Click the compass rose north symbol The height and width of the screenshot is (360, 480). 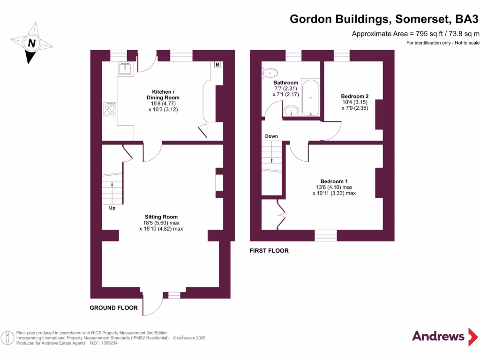click(x=32, y=43)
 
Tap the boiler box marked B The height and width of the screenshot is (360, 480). click(x=217, y=65)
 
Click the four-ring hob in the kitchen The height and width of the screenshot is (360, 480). click(x=109, y=109)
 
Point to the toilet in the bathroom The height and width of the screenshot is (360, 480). click(x=270, y=73)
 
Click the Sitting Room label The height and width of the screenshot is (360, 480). click(x=161, y=217)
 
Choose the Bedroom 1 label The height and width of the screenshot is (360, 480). click(x=334, y=181)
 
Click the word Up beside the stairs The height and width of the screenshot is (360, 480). click(x=112, y=208)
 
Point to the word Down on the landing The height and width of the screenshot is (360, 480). click(x=271, y=136)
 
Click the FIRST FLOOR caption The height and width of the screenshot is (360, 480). click(x=269, y=251)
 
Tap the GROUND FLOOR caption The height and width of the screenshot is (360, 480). click(x=114, y=308)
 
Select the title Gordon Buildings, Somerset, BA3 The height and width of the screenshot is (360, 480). click(x=384, y=19)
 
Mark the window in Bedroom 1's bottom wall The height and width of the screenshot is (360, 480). click(x=325, y=235)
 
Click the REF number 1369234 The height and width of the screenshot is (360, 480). click(x=107, y=343)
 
